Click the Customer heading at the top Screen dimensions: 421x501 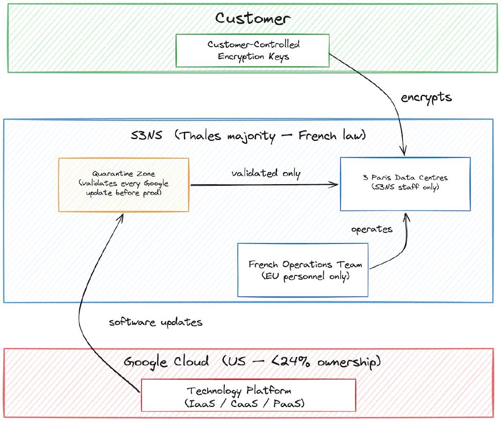point(252,18)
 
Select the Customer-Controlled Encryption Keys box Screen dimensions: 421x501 point(253,51)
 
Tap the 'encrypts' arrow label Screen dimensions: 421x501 point(426,97)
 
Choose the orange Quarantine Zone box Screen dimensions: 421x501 point(124,184)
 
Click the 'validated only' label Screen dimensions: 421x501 point(266,173)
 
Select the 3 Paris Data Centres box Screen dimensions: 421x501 point(405,183)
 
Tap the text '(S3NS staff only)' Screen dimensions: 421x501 point(405,189)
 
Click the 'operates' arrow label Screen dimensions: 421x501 point(372,230)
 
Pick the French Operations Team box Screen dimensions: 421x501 point(303,269)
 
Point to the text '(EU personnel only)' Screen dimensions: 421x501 point(305,276)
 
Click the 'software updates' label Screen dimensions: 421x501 point(155,322)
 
